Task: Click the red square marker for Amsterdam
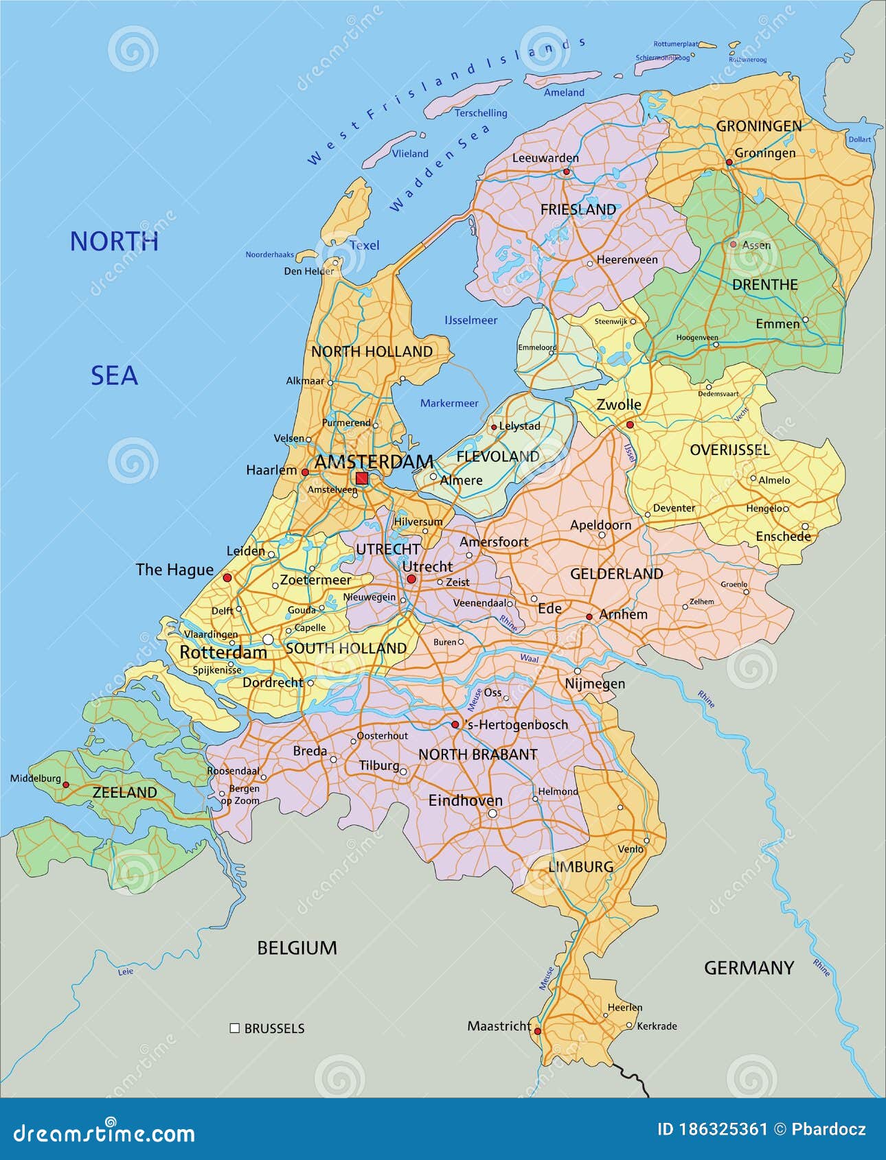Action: point(361,478)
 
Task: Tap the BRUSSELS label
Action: point(274,1028)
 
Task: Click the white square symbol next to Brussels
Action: point(234,1028)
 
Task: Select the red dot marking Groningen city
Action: point(729,163)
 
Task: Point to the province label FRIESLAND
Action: point(578,209)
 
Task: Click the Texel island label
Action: point(364,245)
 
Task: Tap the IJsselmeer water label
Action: point(470,320)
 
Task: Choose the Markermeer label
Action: point(449,403)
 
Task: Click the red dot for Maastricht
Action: point(538,1031)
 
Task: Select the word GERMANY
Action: point(749,968)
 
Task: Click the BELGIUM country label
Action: point(297,948)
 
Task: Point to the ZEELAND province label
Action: point(125,792)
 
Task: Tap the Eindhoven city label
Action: point(465,800)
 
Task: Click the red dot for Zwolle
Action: point(630,425)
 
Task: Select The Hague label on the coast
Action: point(174,569)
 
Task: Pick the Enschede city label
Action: point(783,536)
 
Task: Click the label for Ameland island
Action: point(564,92)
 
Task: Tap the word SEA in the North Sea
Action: point(115,375)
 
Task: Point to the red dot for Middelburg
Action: point(66,785)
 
